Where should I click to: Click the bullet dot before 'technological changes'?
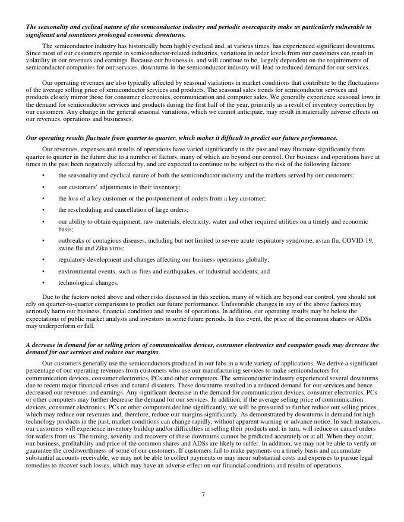point(43,282)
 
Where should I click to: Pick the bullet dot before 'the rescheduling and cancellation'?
point(43,209)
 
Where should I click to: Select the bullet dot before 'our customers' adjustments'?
point(43,187)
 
